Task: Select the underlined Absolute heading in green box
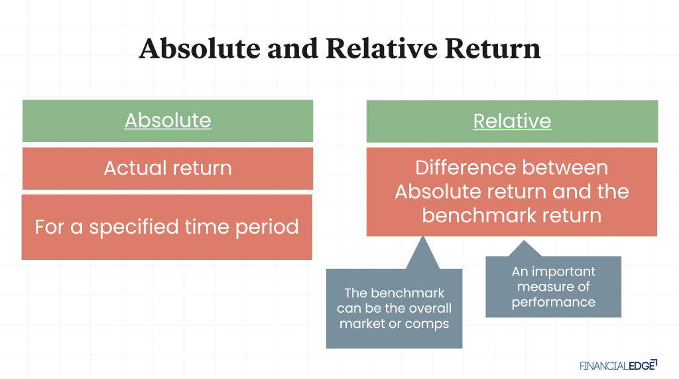[x=168, y=120]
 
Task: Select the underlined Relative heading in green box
[x=512, y=120]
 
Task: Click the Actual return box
[x=168, y=168]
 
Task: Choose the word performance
[x=553, y=302]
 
